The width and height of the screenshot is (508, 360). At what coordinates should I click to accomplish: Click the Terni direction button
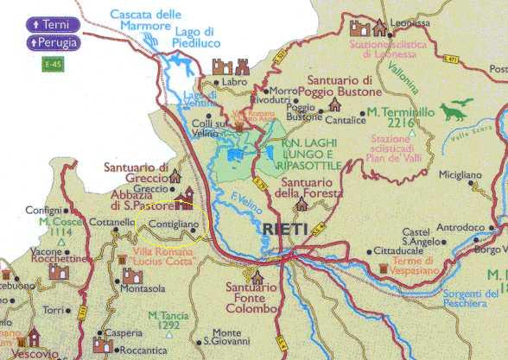pos(53,25)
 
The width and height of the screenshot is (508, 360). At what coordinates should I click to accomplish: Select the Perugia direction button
pos(53,42)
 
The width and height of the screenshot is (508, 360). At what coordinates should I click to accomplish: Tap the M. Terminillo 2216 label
pos(398,117)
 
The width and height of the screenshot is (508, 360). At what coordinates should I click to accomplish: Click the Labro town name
pos(234,82)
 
